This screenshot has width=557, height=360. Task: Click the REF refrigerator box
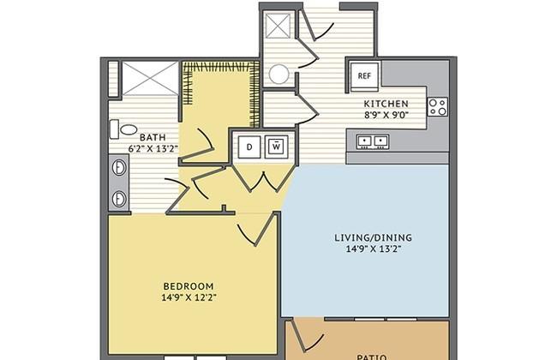[364, 75]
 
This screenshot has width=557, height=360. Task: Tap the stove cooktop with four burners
[437, 107]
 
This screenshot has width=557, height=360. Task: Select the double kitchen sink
[373, 141]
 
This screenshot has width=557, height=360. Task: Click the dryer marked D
[249, 147]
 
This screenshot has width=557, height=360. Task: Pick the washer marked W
[277, 147]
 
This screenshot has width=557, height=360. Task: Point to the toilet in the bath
[123, 129]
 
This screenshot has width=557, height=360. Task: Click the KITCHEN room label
[386, 104]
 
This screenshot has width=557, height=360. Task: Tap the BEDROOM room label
[189, 286]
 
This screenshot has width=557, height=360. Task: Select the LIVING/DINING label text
[374, 237]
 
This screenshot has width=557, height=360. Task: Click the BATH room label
[153, 137]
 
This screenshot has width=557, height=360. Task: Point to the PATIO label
[372, 357]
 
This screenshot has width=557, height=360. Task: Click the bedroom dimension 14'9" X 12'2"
[189, 297]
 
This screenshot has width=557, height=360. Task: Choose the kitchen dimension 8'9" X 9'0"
[386, 115]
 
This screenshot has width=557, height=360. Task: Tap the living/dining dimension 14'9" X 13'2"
[374, 249]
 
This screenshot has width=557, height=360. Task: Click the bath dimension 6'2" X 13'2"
[153, 148]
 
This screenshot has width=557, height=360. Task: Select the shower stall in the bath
[150, 78]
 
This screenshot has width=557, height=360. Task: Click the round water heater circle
[278, 75]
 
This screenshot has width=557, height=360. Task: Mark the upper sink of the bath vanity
[119, 168]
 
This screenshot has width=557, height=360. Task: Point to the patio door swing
[307, 335]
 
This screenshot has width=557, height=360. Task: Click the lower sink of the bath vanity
[119, 199]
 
